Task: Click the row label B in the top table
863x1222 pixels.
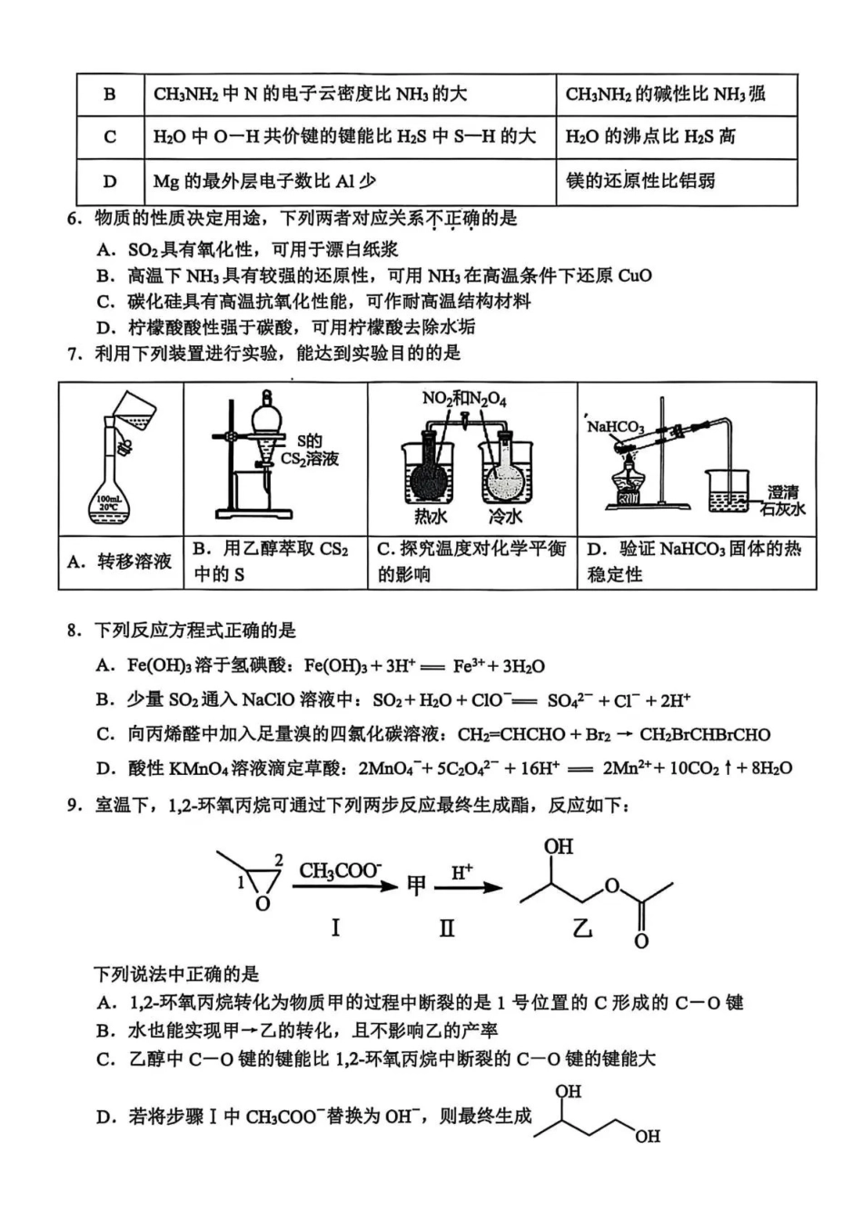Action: point(110,94)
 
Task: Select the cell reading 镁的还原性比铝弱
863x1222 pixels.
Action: point(640,181)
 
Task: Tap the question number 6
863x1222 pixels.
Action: point(74,219)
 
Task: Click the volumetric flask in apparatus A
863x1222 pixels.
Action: point(114,491)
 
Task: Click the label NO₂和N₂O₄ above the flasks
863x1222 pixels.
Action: point(464,399)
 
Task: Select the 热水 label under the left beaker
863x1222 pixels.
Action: point(431,517)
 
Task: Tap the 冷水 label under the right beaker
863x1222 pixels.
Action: point(505,517)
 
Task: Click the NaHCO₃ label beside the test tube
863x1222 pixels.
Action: point(616,426)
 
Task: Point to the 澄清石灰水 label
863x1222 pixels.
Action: point(782,501)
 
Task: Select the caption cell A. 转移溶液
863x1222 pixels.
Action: point(121,561)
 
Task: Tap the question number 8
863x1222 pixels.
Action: point(74,631)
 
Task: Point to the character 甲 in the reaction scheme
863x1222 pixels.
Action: point(416,885)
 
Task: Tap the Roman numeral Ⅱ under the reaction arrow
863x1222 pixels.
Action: point(446,928)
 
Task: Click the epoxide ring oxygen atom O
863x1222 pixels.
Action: point(263,904)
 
